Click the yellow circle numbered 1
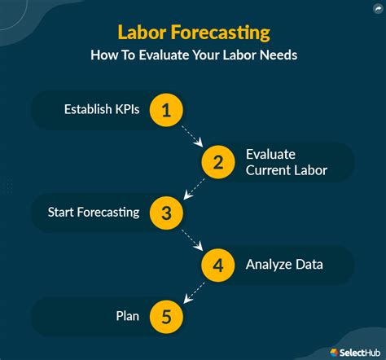pyautogui.click(x=166, y=111)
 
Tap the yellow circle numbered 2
pyautogui.click(x=218, y=162)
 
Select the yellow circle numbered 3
pyautogui.click(x=166, y=213)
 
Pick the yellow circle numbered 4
pyautogui.click(x=218, y=264)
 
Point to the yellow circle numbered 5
pyautogui.click(x=166, y=315)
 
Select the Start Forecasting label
pyautogui.click(x=94, y=213)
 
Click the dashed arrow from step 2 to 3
pyautogui.click(x=192, y=188)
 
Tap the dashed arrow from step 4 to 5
pyautogui.click(x=192, y=290)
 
